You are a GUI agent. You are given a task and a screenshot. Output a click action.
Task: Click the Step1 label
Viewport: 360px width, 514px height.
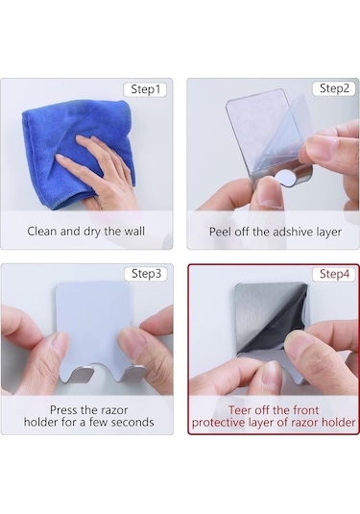(145, 89)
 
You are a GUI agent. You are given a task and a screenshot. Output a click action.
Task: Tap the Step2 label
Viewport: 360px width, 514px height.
(334, 88)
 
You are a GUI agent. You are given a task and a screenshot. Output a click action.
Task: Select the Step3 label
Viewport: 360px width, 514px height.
(146, 274)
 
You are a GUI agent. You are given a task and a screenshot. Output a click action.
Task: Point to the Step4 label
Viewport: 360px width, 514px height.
(334, 274)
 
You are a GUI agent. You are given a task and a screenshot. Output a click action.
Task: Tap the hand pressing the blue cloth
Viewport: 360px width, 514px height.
(98, 170)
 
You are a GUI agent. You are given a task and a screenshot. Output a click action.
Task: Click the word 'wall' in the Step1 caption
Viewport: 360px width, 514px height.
(133, 232)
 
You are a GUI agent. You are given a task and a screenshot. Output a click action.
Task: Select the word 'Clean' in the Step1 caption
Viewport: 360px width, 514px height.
(42, 232)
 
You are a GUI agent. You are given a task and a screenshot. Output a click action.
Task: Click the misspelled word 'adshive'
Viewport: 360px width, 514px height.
(293, 232)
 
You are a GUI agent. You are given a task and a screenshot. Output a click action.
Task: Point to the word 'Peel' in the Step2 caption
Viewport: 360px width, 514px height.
(221, 232)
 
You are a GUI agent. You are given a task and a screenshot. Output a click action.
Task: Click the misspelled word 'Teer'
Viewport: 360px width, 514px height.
(239, 410)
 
